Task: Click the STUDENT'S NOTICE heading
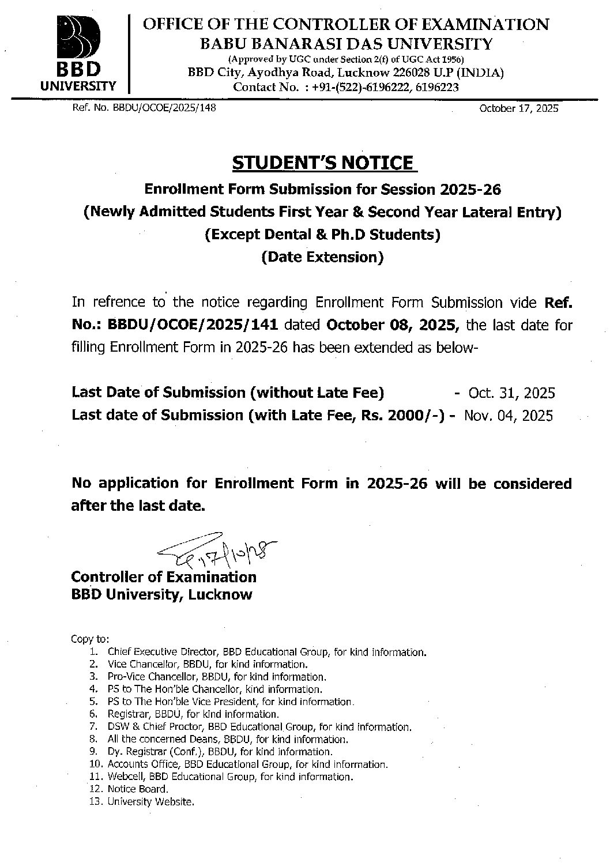pos(322,163)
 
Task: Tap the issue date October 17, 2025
pos(518,108)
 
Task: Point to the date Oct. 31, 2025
pos(511,393)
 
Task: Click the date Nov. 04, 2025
pos(508,416)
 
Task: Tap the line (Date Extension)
pos(322,257)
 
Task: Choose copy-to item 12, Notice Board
pos(138,789)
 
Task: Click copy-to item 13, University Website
pos(150,802)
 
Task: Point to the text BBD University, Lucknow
pos(161,595)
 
